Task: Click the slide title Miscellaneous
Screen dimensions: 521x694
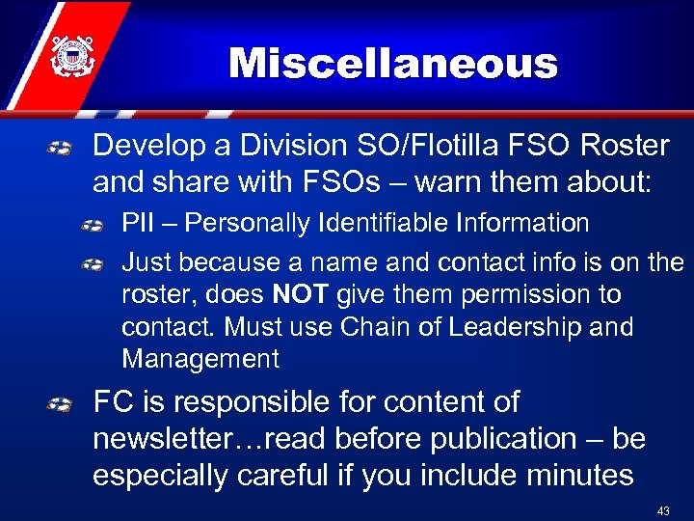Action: (x=393, y=65)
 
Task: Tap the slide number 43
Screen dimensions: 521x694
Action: (x=663, y=509)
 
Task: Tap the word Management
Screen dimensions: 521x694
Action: (x=200, y=360)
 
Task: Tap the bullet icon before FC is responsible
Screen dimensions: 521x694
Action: (x=61, y=403)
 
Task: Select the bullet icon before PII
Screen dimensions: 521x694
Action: (x=93, y=226)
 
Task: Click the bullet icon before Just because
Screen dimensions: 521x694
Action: (x=93, y=262)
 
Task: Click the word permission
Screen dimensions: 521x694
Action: (x=501, y=294)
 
